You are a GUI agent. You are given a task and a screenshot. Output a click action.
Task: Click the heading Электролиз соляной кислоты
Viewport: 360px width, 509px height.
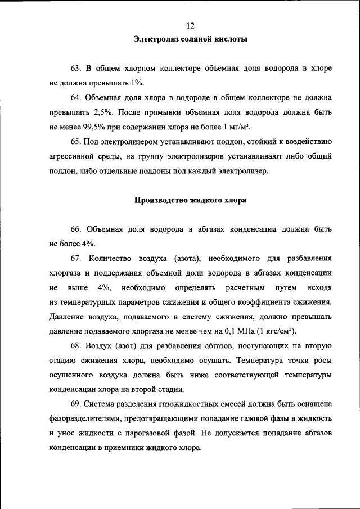(191, 39)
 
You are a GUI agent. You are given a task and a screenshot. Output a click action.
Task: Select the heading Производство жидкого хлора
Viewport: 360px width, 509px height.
(191, 200)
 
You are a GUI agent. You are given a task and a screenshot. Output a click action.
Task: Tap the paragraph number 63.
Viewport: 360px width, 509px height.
(77, 68)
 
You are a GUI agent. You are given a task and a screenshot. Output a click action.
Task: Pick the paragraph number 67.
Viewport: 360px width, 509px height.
(77, 258)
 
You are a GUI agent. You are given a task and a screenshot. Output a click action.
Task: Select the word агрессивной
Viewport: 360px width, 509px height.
(73, 156)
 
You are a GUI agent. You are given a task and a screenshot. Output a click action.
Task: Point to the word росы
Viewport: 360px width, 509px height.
(322, 361)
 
